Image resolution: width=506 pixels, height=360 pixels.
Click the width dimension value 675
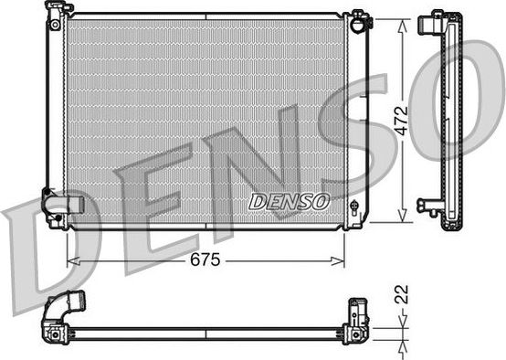pyautogui.click(x=206, y=260)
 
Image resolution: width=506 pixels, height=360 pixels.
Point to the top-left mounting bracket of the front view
pyautogui.click(x=58, y=12)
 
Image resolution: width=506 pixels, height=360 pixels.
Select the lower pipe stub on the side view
pyautogui.click(x=426, y=205)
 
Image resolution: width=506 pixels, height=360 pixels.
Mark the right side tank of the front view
pyautogui.click(x=358, y=119)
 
